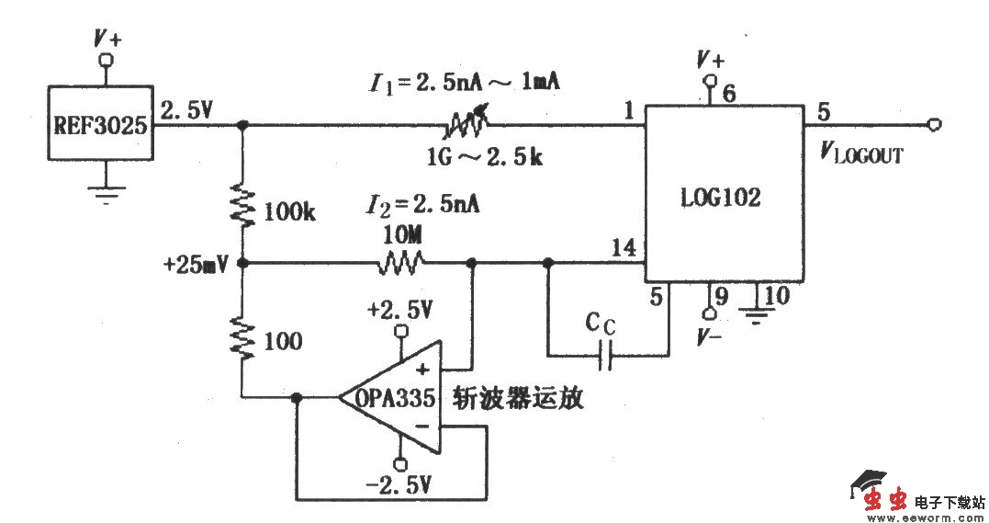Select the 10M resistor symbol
coord(399,264)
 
